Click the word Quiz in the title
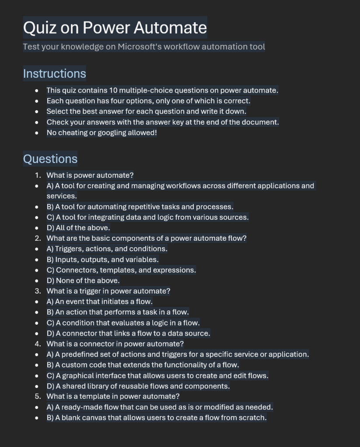click(x=38, y=28)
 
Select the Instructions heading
click(x=54, y=73)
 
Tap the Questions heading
click(x=50, y=159)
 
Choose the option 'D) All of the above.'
click(x=78, y=228)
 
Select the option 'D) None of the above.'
click(x=83, y=281)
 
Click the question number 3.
click(x=38, y=291)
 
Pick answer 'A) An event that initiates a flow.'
click(x=99, y=301)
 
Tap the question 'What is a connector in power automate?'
click(x=115, y=344)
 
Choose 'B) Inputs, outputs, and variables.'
click(x=102, y=260)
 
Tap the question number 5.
click(x=38, y=397)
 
